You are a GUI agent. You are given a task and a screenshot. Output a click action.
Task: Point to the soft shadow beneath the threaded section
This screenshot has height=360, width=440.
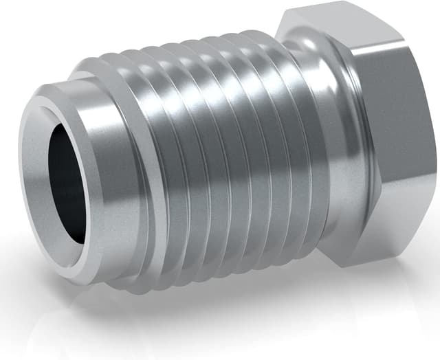(x=206, y=309)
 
